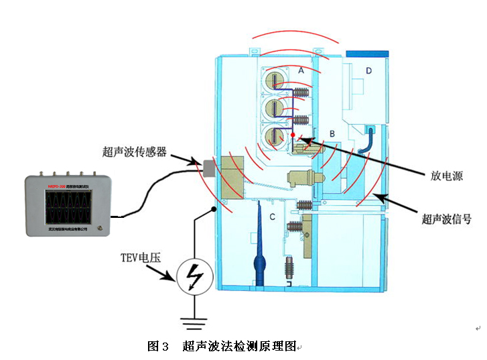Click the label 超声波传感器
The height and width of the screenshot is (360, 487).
click(x=133, y=152)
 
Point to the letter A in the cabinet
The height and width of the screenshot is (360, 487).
click(x=301, y=70)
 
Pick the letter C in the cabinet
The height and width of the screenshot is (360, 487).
click(x=272, y=217)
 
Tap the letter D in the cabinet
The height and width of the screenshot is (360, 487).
click(x=369, y=70)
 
